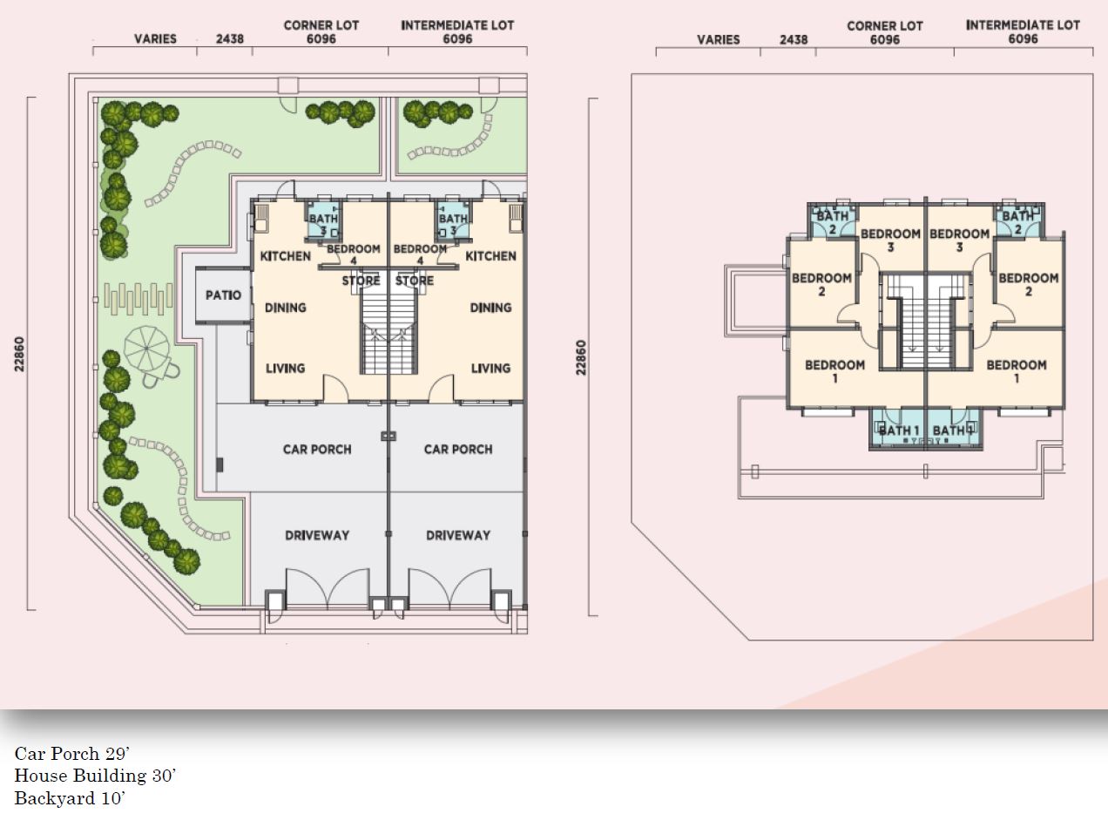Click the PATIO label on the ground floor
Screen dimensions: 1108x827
(x=223, y=295)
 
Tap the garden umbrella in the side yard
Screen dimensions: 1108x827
(x=147, y=349)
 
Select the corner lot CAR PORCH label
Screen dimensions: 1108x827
(x=317, y=450)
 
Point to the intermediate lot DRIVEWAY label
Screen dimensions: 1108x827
(x=458, y=535)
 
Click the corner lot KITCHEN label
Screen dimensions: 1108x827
(x=285, y=256)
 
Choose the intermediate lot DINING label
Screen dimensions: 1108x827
(x=490, y=308)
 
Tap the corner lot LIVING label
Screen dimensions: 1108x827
(x=285, y=369)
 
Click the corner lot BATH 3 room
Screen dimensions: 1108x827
(x=323, y=221)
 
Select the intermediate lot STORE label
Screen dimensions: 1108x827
(x=415, y=281)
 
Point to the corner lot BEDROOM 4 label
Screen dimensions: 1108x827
(x=354, y=254)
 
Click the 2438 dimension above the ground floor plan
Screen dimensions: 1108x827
(x=230, y=39)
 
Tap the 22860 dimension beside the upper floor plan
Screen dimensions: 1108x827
(x=582, y=357)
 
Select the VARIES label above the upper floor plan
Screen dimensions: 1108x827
(x=719, y=39)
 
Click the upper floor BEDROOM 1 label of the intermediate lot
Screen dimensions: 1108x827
(x=1017, y=371)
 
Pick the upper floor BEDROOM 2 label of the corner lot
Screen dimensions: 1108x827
(x=821, y=284)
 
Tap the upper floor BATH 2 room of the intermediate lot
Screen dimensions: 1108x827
(x=1017, y=221)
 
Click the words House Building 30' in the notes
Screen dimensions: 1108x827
(x=95, y=775)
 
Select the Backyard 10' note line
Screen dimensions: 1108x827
(x=70, y=798)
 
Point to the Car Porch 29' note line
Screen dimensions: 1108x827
(x=72, y=753)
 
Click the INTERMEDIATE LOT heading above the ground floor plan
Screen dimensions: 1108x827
(x=457, y=25)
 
